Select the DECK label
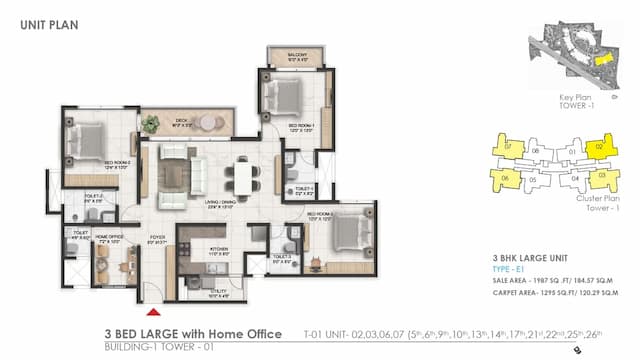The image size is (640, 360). [182, 122]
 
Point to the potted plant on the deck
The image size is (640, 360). [151, 124]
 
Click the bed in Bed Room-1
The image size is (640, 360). [284, 96]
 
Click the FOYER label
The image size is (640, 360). [157, 237]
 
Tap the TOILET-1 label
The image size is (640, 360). [304, 186]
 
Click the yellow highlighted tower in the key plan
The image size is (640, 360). [602, 59]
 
